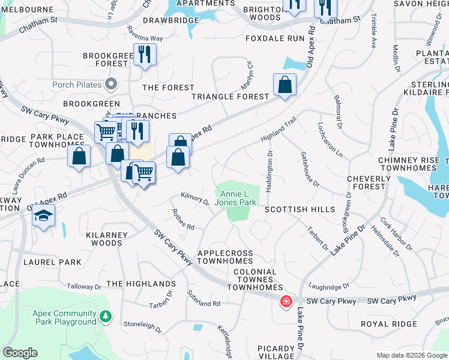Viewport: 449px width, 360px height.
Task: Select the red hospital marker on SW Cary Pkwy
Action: coord(286,301)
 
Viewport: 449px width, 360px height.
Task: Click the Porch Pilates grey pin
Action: coord(110,85)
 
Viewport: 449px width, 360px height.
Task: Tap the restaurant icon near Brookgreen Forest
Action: coord(143,55)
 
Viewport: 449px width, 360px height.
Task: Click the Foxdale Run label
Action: coord(276,38)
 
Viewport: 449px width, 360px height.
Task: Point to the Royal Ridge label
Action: coord(388,324)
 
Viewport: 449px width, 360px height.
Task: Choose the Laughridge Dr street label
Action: coord(328,287)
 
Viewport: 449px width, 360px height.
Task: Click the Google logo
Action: coord(20,353)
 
